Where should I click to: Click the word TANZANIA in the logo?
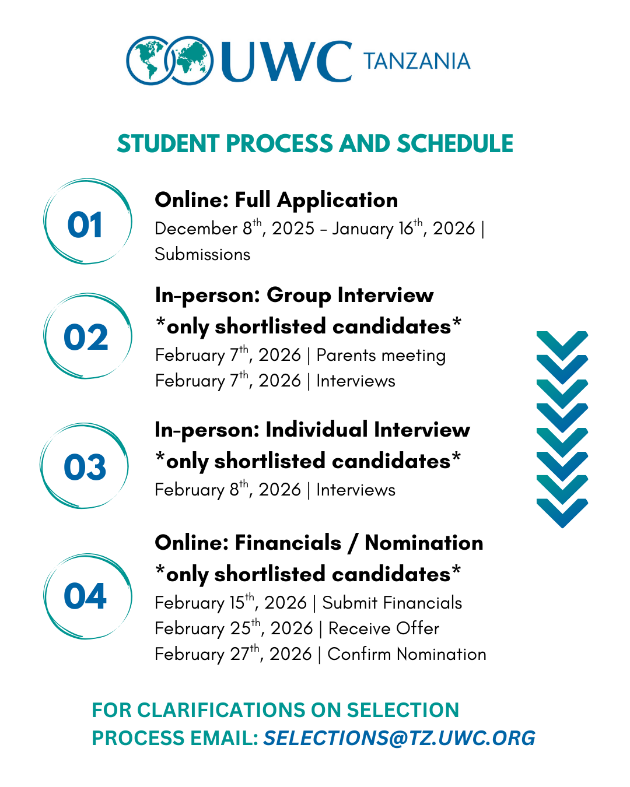pos(416,61)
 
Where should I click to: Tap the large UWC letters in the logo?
pos(286,61)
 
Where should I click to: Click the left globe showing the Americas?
pos(149,61)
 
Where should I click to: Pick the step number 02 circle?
pos(87,336)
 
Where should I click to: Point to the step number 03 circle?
pos(85,466)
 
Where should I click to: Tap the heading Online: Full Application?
pos(276,200)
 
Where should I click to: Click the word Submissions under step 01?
pos(202,254)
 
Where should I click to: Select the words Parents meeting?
pos(381,355)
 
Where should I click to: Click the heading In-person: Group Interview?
pos(294,295)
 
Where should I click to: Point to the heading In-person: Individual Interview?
pos(312,430)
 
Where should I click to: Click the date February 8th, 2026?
pos(228,490)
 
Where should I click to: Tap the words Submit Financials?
pos(392,603)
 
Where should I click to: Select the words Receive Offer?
pos(384,628)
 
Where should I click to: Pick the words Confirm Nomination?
pos(407,654)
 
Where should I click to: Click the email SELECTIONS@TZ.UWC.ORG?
pos(399,738)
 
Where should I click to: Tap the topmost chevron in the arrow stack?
pos(562,343)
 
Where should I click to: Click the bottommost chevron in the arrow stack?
pos(562,512)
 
